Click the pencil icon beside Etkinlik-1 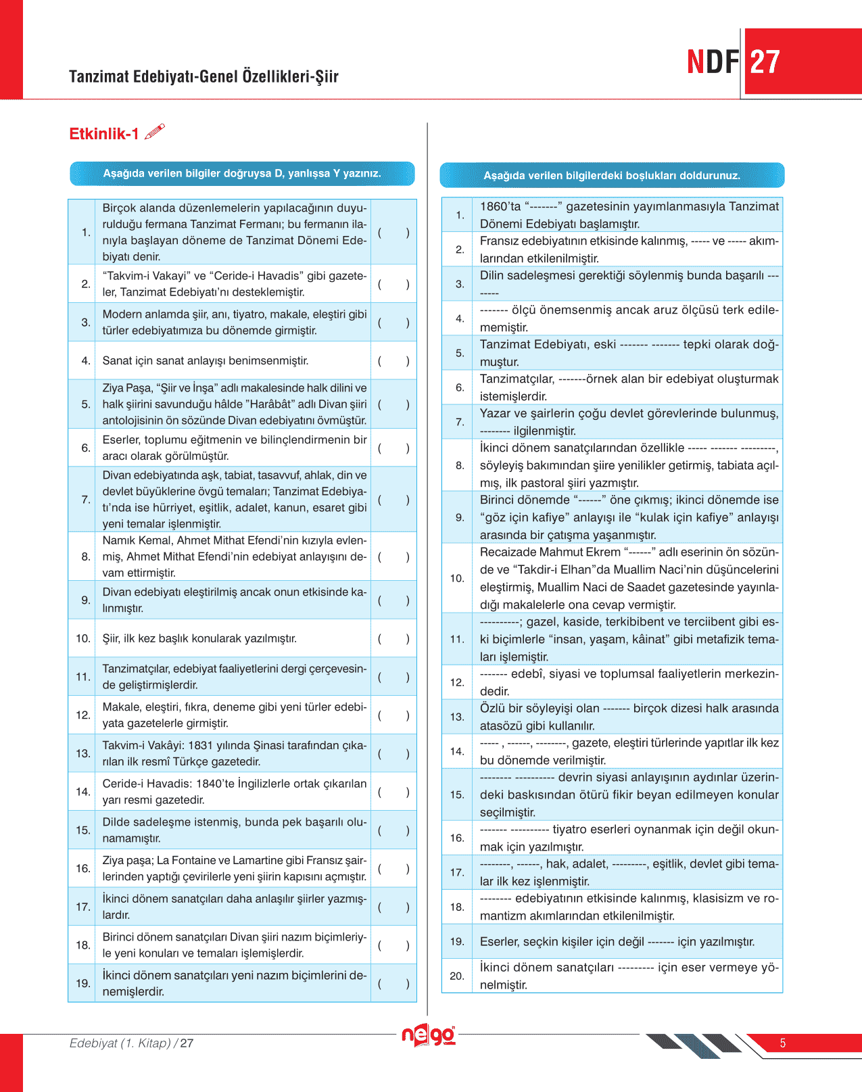pos(155,131)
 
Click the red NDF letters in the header pos(713,62)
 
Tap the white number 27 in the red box pos(765,62)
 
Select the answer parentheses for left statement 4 pos(393,361)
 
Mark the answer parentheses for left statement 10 pos(393,638)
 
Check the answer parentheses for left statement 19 pos(393,984)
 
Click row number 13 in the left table pos(82,753)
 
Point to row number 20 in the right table pos(457,976)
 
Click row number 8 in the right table pos(460,465)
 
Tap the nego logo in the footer pos(429,1035)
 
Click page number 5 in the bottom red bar pos(783,1043)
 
